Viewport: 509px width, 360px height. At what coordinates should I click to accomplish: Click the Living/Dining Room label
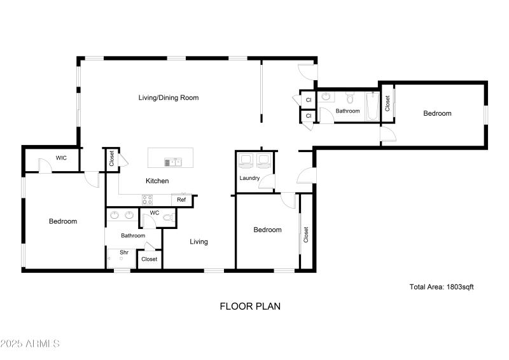tap(169, 98)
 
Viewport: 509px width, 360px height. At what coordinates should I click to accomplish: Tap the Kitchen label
tap(157, 181)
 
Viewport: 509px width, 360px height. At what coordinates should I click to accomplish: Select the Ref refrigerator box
tap(181, 200)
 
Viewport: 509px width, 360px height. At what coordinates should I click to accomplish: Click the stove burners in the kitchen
tap(147, 200)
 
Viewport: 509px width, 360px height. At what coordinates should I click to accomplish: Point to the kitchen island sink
tap(173, 162)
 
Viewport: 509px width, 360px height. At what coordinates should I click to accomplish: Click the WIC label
tap(62, 158)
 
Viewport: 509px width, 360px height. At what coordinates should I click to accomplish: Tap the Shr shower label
tap(124, 253)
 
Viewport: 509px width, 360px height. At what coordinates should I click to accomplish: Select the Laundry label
tap(249, 178)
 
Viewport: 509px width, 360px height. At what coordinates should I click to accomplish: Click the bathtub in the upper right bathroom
tap(372, 107)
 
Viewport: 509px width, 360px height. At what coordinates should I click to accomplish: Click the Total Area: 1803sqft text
tap(442, 287)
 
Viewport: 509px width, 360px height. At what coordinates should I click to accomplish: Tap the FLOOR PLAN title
tap(250, 306)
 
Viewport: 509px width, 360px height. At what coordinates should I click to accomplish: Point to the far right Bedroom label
tap(438, 113)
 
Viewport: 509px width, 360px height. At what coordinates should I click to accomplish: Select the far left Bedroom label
tap(63, 221)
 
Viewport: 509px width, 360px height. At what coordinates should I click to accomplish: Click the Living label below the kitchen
tap(199, 242)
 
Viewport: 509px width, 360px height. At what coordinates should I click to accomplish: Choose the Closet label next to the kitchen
tap(112, 157)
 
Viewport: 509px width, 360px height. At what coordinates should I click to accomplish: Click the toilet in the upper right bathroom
tap(349, 98)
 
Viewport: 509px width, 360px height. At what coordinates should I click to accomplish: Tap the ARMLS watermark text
tap(30, 344)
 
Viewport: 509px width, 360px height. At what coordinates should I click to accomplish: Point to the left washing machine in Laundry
tap(246, 159)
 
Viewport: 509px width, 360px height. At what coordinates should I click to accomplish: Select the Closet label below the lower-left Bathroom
tap(150, 259)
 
